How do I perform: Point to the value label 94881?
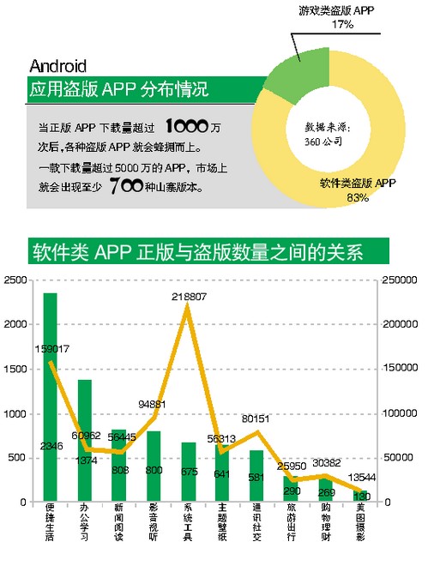click(153, 405)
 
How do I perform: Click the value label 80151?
click(256, 419)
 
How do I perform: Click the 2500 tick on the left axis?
click(15, 280)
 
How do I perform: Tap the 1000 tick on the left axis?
click(15, 414)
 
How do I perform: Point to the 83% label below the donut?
click(358, 198)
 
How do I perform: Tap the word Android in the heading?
click(58, 65)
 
